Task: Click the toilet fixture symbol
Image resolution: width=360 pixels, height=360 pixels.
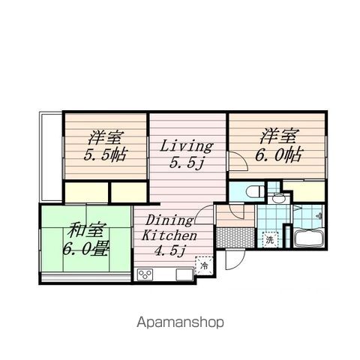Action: point(254,192)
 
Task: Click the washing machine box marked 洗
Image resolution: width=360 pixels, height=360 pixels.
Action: point(270,239)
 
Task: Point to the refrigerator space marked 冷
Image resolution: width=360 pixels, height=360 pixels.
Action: point(204,265)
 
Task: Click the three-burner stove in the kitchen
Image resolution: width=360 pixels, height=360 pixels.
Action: point(145,274)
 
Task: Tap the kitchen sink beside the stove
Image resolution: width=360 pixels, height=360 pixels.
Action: point(184,274)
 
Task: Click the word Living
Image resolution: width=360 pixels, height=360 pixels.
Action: point(186,146)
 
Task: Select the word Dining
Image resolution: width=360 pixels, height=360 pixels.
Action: point(169,220)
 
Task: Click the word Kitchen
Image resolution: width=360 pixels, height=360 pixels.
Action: point(169,235)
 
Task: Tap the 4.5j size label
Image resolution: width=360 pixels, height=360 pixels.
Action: point(170,250)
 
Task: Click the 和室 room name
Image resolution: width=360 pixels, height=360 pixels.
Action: point(85,230)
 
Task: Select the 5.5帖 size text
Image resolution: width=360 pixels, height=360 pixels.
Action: point(106,155)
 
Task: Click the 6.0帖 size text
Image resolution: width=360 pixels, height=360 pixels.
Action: point(279,155)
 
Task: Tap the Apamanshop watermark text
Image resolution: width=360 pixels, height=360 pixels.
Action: point(180,322)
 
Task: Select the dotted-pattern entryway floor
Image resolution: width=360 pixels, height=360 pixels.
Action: point(235,237)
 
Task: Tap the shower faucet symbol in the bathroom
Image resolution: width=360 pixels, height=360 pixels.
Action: point(319,215)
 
